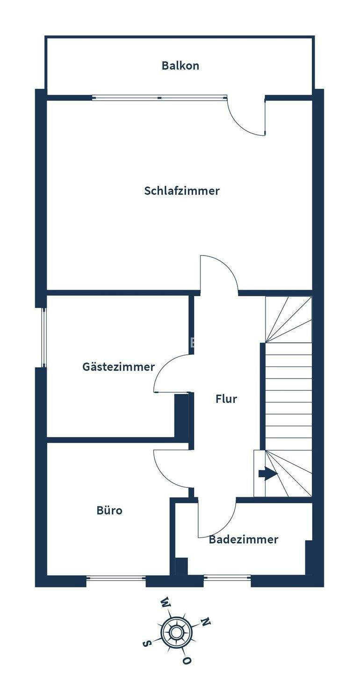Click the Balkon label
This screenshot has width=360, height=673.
[x=180, y=65]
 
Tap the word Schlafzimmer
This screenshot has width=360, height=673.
[x=182, y=191]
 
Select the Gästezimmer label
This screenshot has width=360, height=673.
[x=118, y=367]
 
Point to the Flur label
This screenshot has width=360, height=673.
[x=226, y=399]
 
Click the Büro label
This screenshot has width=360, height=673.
[x=109, y=510]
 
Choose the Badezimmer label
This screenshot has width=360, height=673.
[x=243, y=540]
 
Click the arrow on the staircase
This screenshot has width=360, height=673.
[x=268, y=474]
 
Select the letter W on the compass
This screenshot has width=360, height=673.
[x=165, y=601]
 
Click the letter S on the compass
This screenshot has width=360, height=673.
[x=147, y=644]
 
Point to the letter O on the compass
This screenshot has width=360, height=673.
[x=187, y=660]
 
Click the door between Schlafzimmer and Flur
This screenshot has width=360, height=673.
[x=219, y=273]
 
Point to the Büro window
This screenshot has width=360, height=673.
[x=116, y=578]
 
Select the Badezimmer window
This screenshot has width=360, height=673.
[x=227, y=578]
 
